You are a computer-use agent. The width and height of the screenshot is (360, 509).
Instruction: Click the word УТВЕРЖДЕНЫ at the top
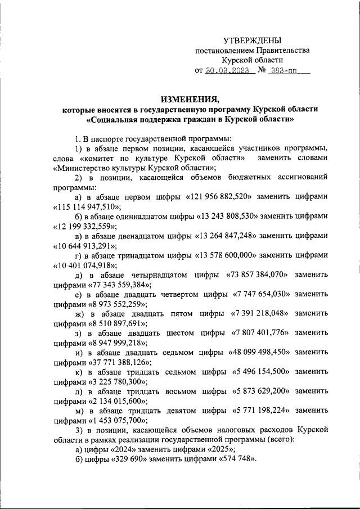click(251, 40)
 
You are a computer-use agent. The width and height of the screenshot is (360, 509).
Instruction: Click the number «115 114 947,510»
click(87, 206)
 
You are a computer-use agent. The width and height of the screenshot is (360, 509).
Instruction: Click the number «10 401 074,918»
click(85, 265)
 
